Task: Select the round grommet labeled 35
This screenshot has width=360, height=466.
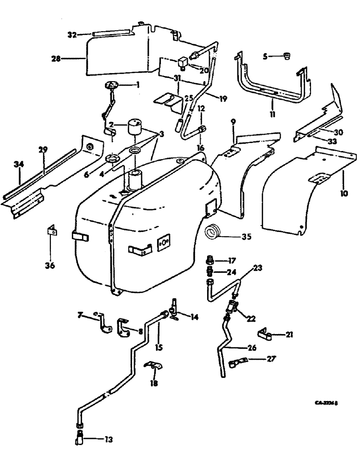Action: (215, 231)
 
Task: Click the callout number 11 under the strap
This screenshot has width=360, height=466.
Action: (272, 113)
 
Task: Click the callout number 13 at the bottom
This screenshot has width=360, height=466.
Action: (109, 439)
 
